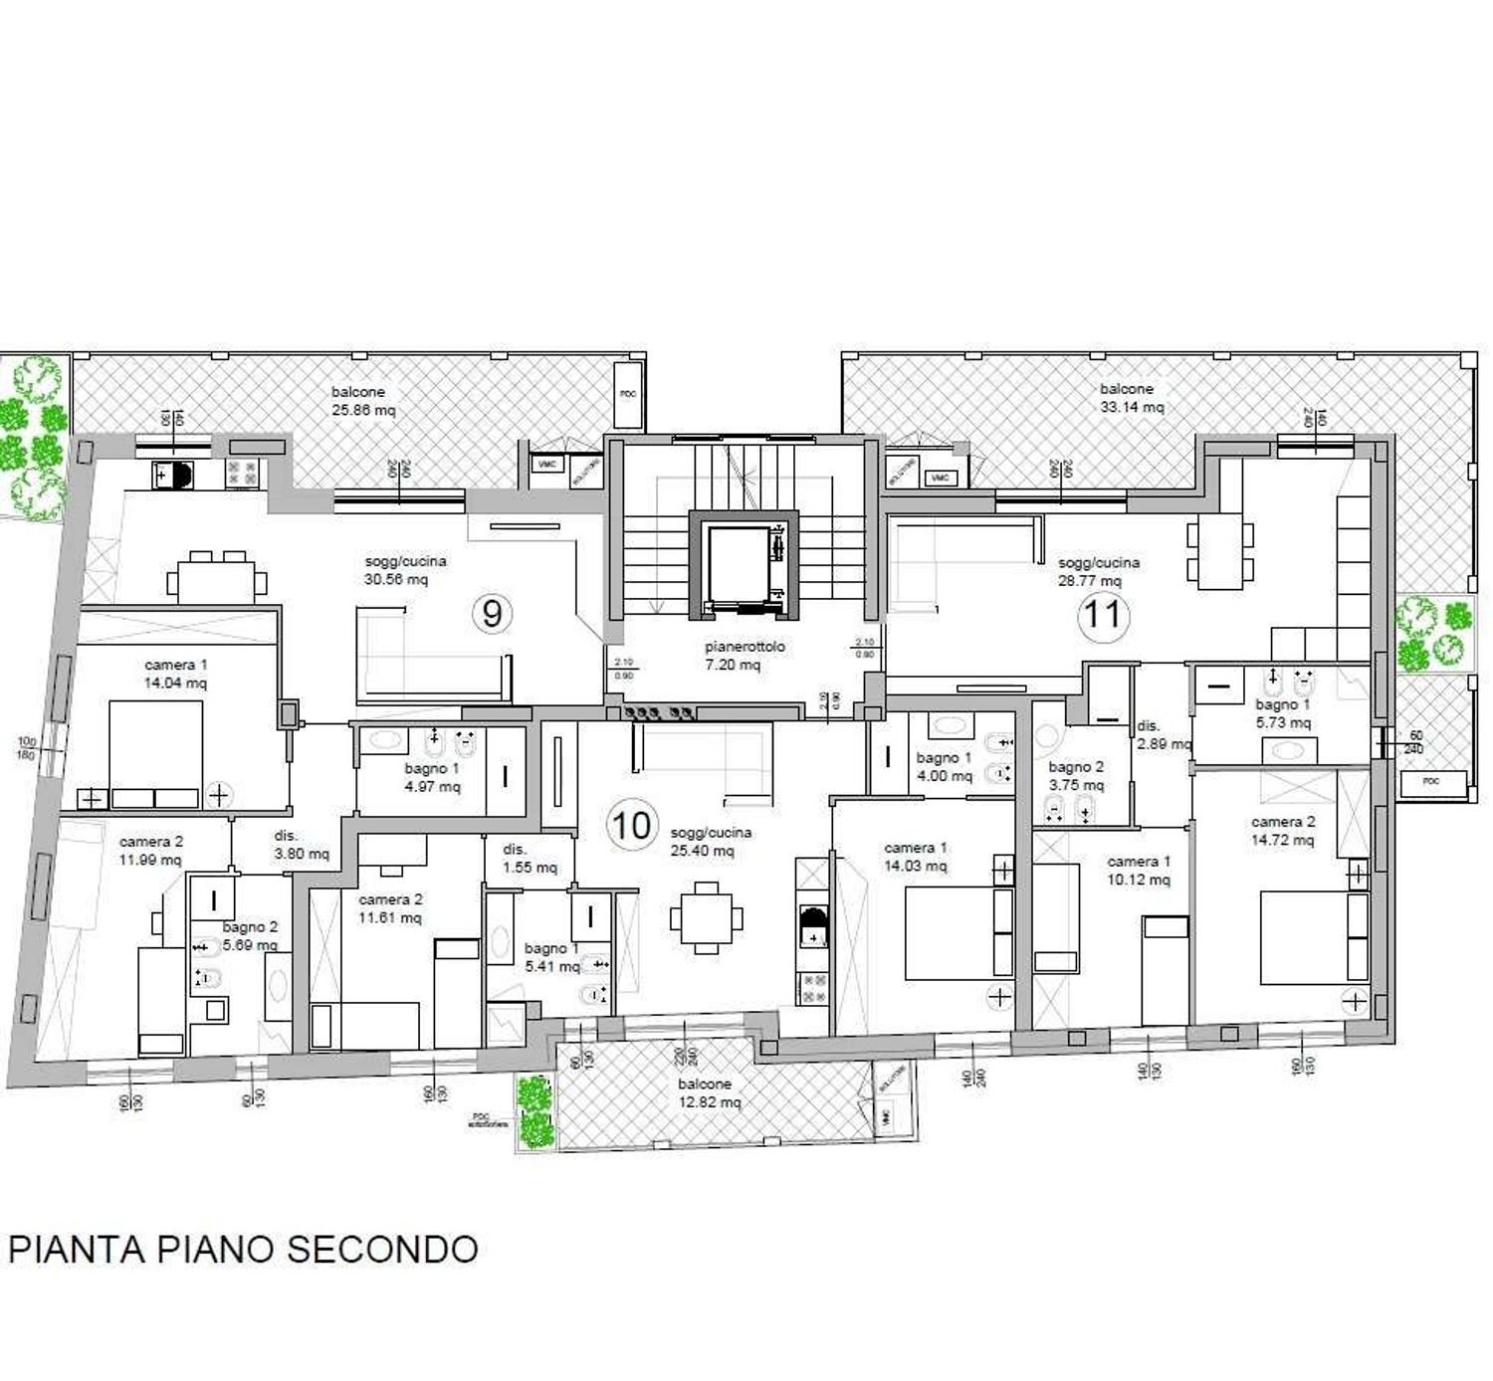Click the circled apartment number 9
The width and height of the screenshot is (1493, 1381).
[x=492, y=614]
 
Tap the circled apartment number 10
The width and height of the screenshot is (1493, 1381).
[x=632, y=825]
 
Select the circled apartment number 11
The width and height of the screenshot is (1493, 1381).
[x=1103, y=614]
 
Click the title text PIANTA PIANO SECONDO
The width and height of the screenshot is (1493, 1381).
[x=244, y=1249]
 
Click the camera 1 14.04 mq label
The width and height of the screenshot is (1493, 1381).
[x=176, y=674]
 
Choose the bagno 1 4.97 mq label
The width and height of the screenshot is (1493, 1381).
[x=432, y=777]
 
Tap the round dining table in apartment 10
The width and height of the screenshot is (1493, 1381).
[x=706, y=917]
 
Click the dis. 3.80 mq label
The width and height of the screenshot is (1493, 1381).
[x=301, y=845]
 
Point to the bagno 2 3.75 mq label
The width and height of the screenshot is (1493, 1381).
[x=1076, y=775]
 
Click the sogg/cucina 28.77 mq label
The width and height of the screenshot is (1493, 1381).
[x=1099, y=571]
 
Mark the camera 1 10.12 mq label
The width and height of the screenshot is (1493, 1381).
[x=1139, y=871]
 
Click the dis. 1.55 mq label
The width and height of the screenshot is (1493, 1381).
[x=529, y=859]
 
